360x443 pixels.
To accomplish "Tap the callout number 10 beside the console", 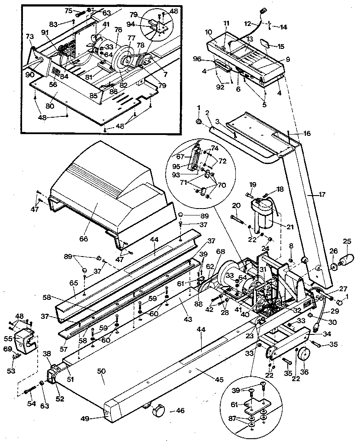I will (208, 32).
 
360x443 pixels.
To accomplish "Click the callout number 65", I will (74, 282).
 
